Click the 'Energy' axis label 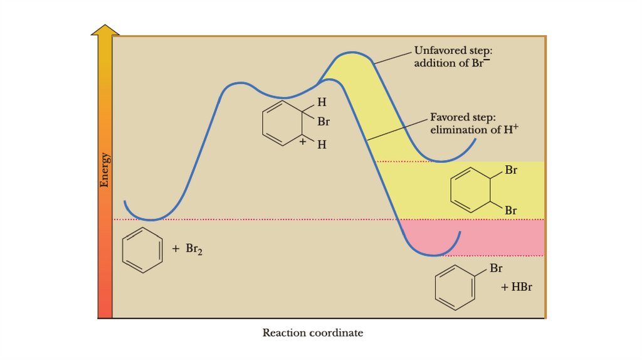tap(105, 170)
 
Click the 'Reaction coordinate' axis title tap(312, 332)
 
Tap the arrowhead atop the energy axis tap(105, 30)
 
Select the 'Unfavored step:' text tap(453, 50)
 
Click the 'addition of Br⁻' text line tap(455, 63)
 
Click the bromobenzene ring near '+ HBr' tap(455, 287)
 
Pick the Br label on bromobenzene tap(497, 268)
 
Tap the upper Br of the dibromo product tap(511, 170)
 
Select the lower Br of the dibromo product tap(511, 211)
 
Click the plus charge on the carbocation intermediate tap(303, 142)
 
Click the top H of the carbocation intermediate tap(322, 102)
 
